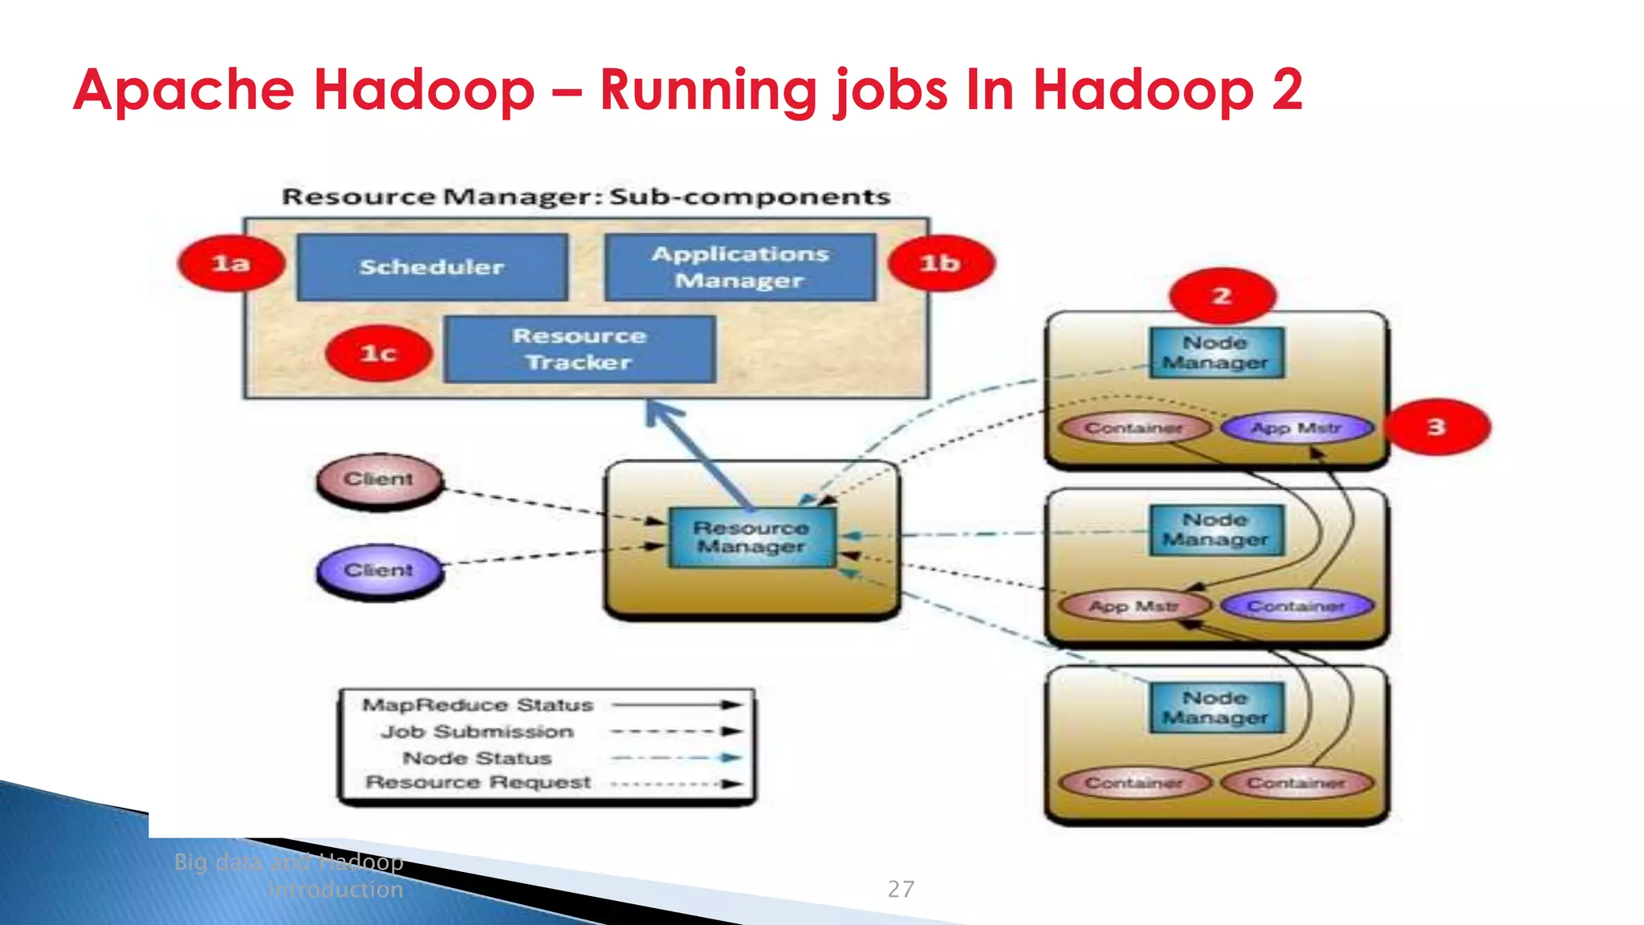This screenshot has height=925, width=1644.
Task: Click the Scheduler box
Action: pos(432,267)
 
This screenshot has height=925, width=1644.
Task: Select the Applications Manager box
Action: pos(739,267)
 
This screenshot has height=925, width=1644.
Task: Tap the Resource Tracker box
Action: pos(579,349)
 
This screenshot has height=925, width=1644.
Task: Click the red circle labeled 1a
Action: pos(231,263)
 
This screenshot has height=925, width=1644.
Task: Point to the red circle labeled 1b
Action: pos(941,263)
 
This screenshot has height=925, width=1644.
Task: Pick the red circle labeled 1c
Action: pos(379,353)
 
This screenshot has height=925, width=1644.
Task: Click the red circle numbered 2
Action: pos(1222,295)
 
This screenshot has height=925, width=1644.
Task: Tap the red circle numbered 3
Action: pos(1438,427)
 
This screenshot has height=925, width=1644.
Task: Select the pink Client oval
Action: pos(379,479)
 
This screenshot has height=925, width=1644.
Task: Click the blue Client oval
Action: pos(379,570)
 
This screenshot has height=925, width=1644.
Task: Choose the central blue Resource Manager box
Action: pos(751,537)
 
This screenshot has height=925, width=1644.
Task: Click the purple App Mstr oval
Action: pos(1296,428)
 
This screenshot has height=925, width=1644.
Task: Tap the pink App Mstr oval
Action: pos(1134,606)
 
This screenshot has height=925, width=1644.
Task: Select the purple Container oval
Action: pos(1296,606)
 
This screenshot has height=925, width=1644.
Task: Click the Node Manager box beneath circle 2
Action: pos(1215,352)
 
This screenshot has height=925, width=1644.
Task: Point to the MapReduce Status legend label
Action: pos(478,705)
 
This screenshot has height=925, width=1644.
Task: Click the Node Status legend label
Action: pos(477,758)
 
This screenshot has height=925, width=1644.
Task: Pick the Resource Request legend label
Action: pos(478,783)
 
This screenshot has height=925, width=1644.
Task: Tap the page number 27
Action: pos(901,889)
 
